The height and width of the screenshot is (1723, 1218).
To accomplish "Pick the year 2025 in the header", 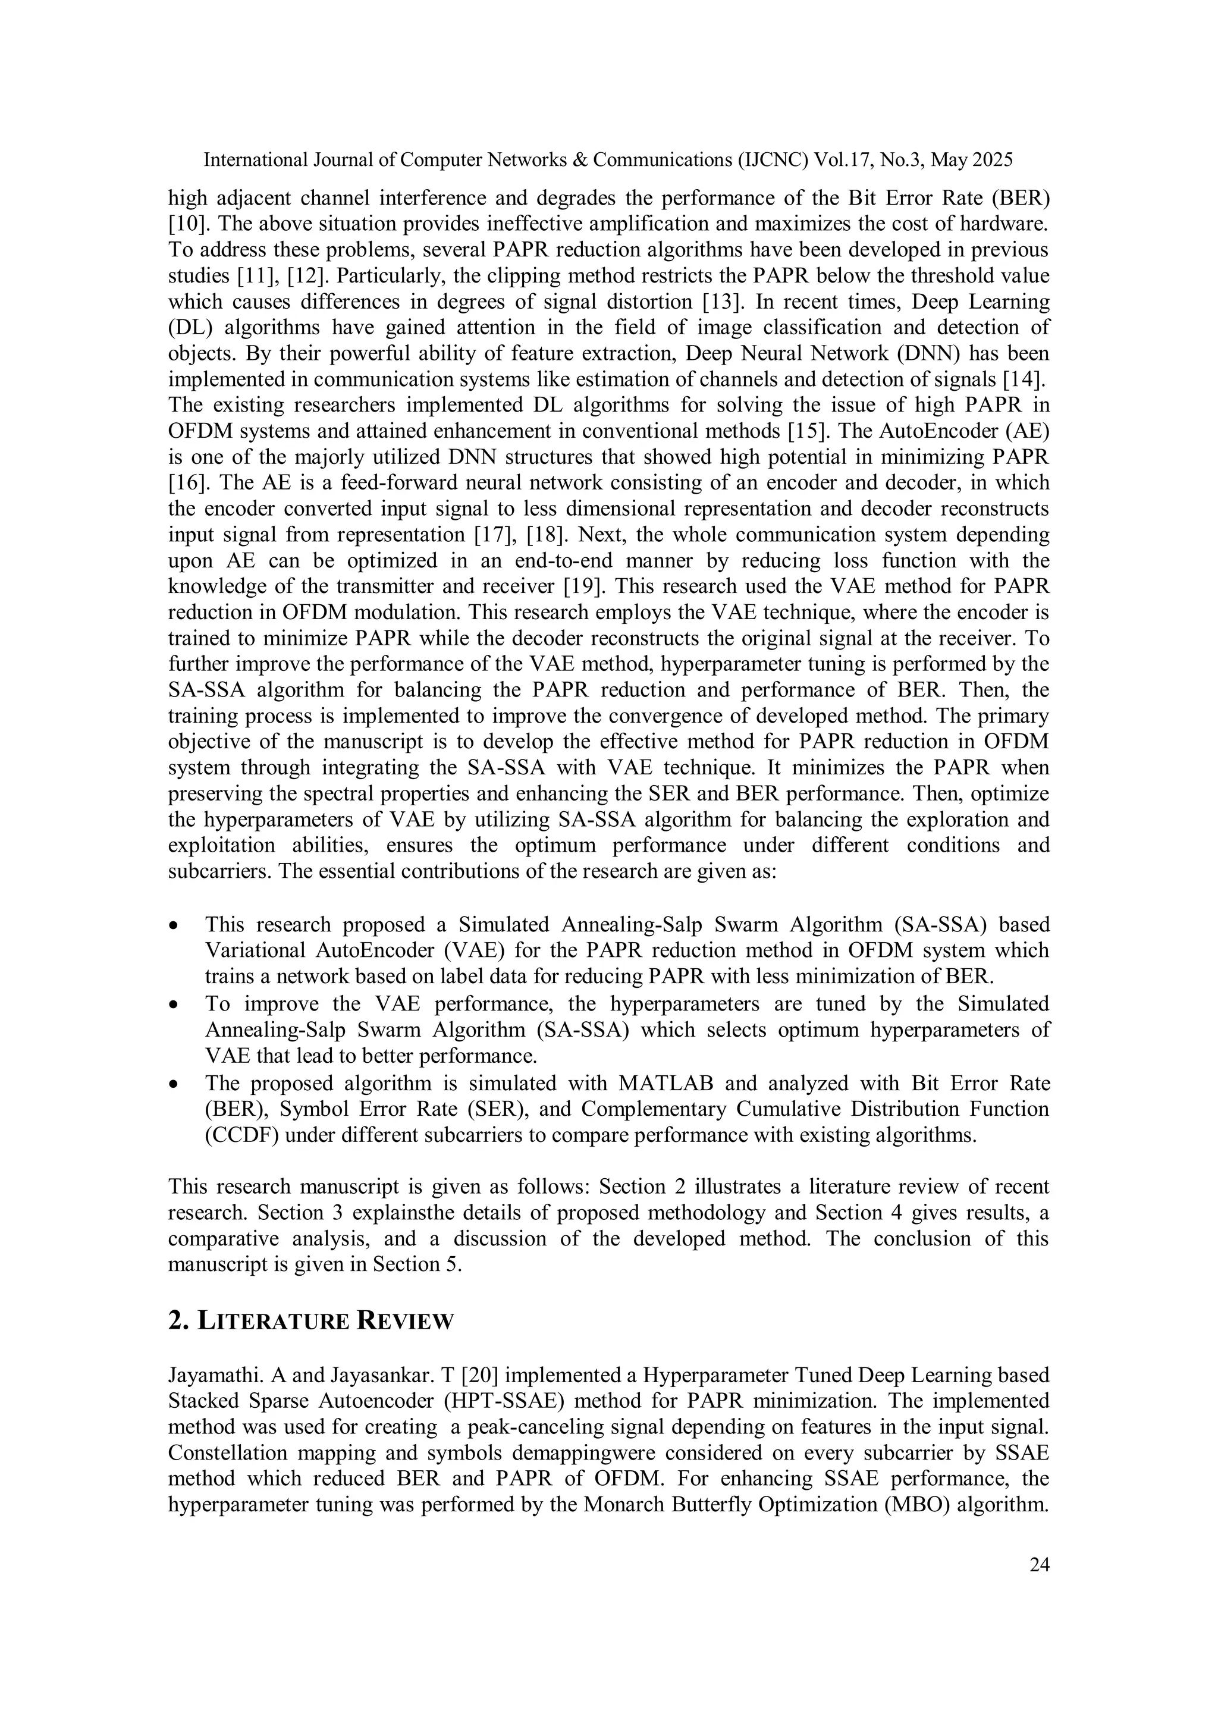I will tap(992, 160).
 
